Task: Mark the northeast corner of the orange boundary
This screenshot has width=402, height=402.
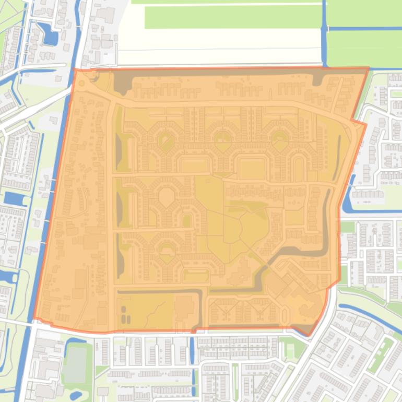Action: click(369, 68)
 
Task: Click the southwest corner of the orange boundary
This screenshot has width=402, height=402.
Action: click(35, 318)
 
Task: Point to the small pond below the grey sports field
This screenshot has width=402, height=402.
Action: click(76, 395)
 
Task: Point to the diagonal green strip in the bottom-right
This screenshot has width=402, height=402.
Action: click(381, 355)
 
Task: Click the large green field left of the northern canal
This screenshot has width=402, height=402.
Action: click(232, 17)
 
